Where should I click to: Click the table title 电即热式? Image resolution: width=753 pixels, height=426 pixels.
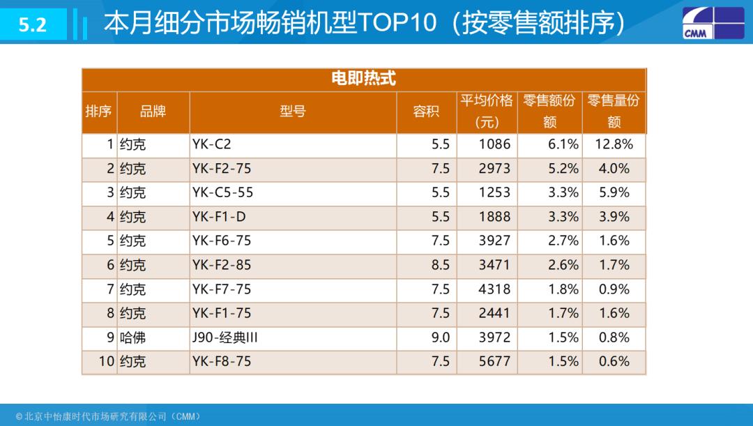pos(363,79)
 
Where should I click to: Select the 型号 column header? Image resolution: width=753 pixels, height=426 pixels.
pos(293,112)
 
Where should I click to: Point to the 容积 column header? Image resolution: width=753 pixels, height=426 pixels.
pos(426,112)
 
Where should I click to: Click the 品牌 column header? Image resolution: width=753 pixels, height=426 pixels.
pos(153,112)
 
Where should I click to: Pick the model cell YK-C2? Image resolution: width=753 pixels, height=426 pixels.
pos(211,145)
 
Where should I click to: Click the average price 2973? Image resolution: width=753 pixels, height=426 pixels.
pos(494,169)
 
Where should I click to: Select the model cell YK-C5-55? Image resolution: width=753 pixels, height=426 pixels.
pos(223,193)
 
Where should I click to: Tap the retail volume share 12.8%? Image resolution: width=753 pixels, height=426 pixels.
pos(614,145)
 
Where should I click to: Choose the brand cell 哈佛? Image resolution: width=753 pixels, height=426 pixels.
pos(132,337)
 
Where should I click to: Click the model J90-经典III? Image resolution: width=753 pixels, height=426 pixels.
pos(225,337)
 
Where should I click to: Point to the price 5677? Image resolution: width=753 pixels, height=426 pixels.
pos(494,362)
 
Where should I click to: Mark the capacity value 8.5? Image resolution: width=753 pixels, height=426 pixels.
pos(441,265)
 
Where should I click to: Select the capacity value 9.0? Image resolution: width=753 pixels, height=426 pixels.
pos(441,337)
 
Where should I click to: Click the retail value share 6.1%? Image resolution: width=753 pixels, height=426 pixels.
pos(563,145)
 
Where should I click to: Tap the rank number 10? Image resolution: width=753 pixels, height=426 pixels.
pos(106,362)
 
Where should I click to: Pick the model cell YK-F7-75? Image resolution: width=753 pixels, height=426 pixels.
pos(222,289)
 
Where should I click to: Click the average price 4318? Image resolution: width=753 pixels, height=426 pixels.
pos(494,289)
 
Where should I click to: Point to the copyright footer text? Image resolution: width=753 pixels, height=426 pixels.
pos(109,416)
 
